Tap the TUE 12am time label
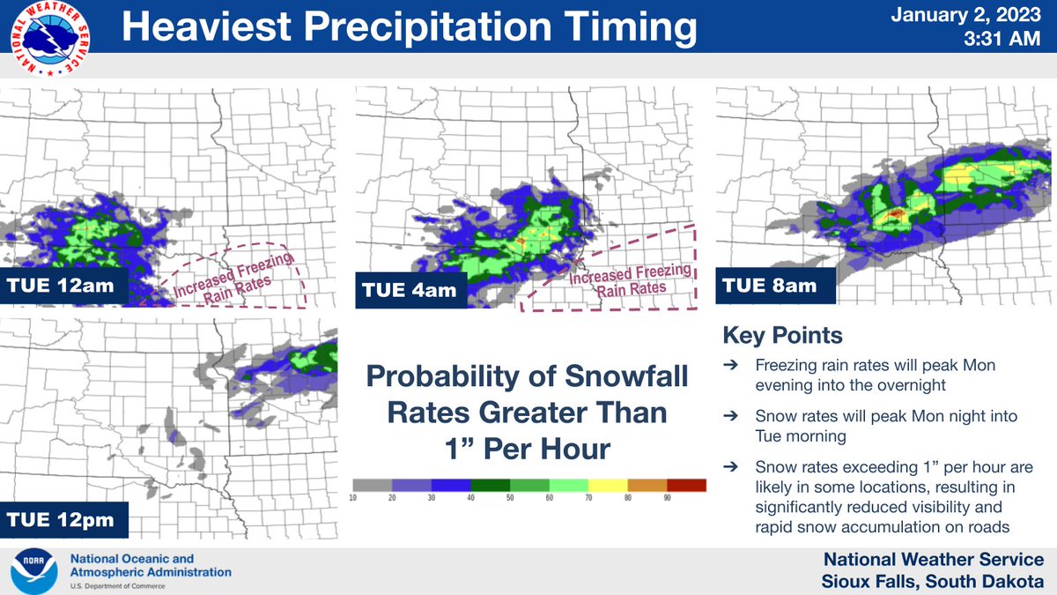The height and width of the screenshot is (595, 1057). coord(66,286)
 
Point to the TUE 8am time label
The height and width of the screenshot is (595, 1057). coord(770,286)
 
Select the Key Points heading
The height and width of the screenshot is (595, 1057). coord(782,336)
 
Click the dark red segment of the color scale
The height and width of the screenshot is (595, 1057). coord(686,486)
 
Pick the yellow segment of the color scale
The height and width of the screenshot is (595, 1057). coord(608,486)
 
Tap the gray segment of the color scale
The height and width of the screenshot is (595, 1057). coord(372,486)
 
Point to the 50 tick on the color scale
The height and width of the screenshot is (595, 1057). coord(509,499)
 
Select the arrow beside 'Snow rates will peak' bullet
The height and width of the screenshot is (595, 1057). coord(730,415)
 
